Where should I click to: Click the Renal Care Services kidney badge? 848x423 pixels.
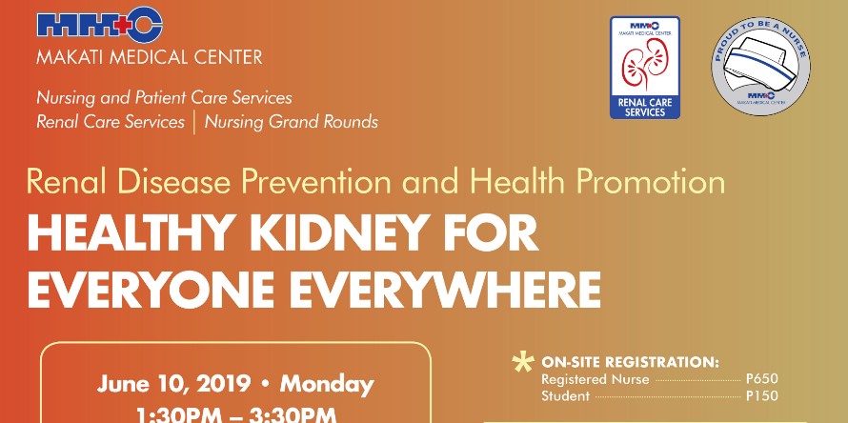click(645, 68)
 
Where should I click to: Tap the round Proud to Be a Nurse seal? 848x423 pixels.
click(760, 64)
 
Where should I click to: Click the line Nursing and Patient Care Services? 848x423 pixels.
click(164, 98)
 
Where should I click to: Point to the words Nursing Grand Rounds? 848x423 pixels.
click(291, 122)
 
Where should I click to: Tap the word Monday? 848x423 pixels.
click(326, 385)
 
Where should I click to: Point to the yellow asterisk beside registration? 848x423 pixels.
click(522, 363)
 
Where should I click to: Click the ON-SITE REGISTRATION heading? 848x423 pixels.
click(630, 362)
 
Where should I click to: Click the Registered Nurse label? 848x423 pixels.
click(595, 379)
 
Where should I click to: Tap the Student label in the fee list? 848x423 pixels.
click(565, 395)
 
